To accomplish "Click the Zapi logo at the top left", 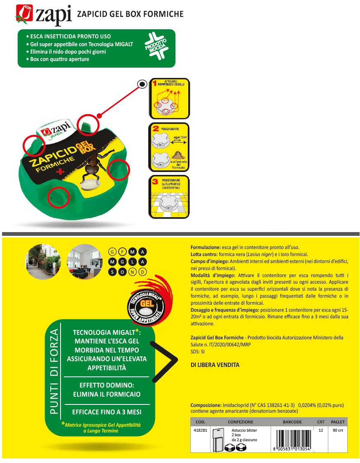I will pos(43,15).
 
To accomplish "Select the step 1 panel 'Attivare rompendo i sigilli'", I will pos(168,98).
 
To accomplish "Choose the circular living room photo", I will pos(84,262).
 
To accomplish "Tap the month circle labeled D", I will pos(143,272).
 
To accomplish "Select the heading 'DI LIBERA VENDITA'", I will pos(215,365).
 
